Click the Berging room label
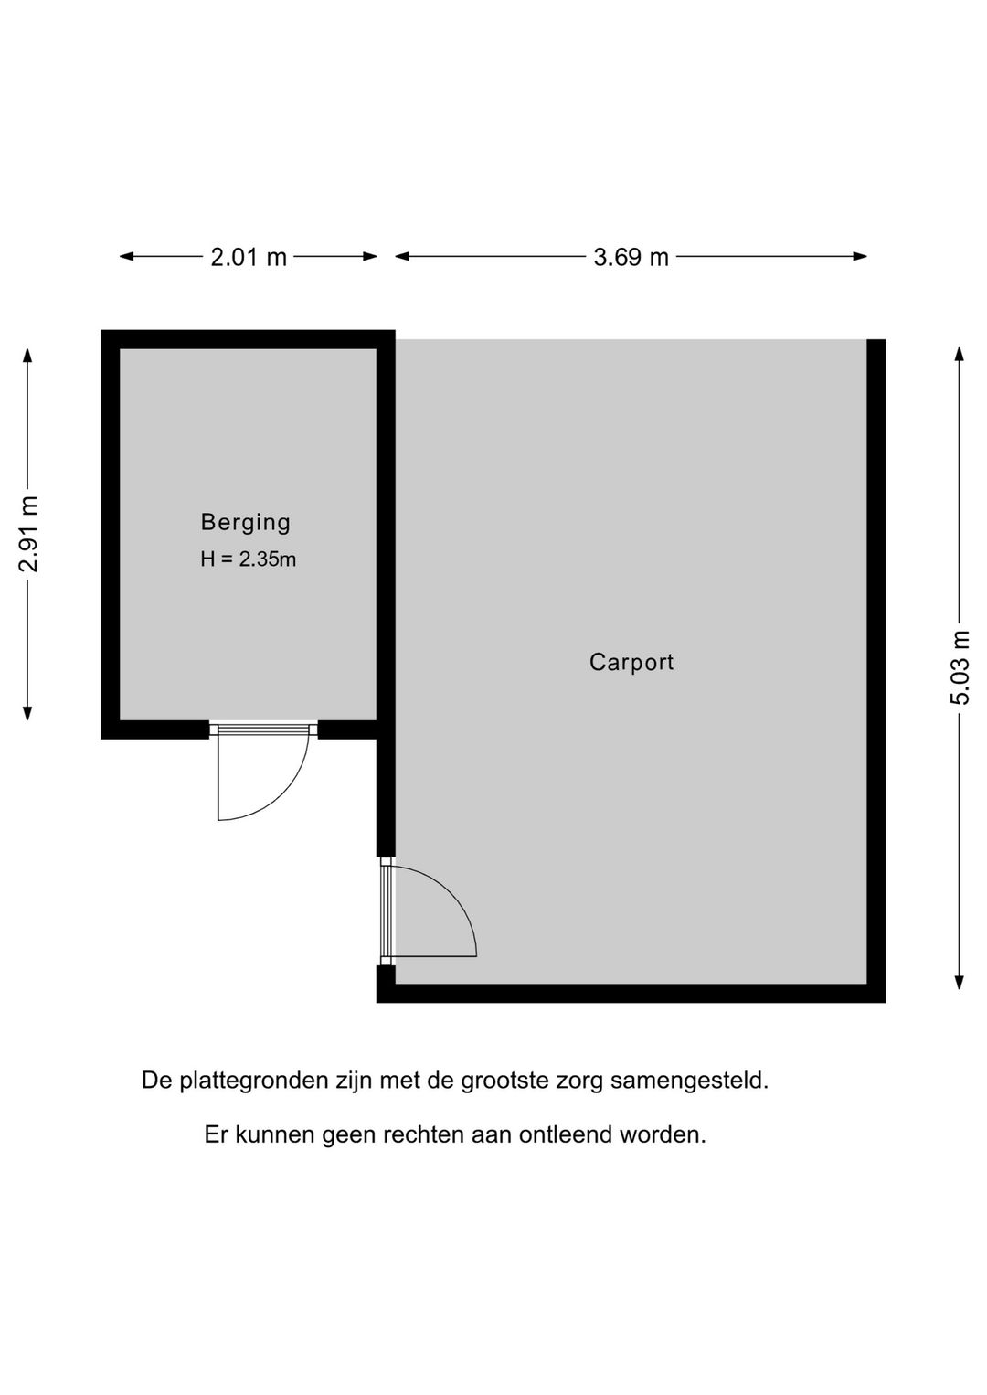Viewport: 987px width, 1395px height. (x=246, y=523)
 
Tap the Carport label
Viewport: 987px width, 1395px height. (x=631, y=662)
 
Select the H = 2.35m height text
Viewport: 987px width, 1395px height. (x=249, y=559)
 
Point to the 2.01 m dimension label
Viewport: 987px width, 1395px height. (x=249, y=258)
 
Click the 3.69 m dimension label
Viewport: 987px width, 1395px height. (x=631, y=258)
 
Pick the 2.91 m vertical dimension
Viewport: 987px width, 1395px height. (x=29, y=534)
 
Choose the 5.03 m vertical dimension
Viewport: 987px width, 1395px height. (x=960, y=667)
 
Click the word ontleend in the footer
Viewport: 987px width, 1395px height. (x=568, y=1135)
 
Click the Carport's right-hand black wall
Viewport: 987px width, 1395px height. (x=876, y=667)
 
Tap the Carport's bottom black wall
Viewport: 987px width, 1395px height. (x=631, y=993)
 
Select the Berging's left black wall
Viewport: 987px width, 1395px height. (x=111, y=534)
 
